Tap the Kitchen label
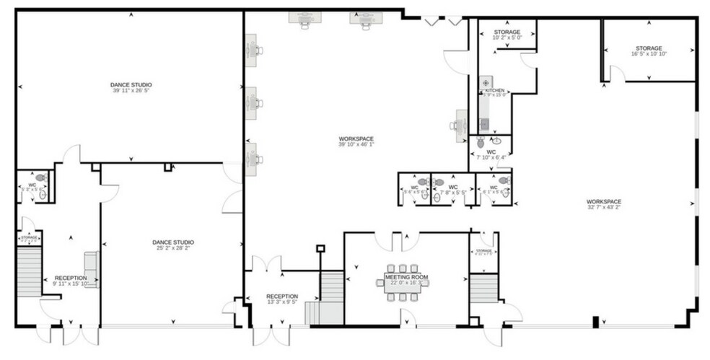[x=494, y=91]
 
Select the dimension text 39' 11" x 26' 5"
[x=131, y=91]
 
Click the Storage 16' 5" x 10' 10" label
[x=648, y=48]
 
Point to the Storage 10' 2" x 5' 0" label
[x=507, y=32]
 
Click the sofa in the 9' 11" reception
[x=91, y=269]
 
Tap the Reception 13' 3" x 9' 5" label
[x=282, y=297]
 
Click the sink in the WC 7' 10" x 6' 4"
[x=496, y=140]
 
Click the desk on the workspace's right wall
[x=460, y=123]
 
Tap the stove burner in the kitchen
[x=486, y=83]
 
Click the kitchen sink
[x=485, y=103]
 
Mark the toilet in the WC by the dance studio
[x=40, y=177]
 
